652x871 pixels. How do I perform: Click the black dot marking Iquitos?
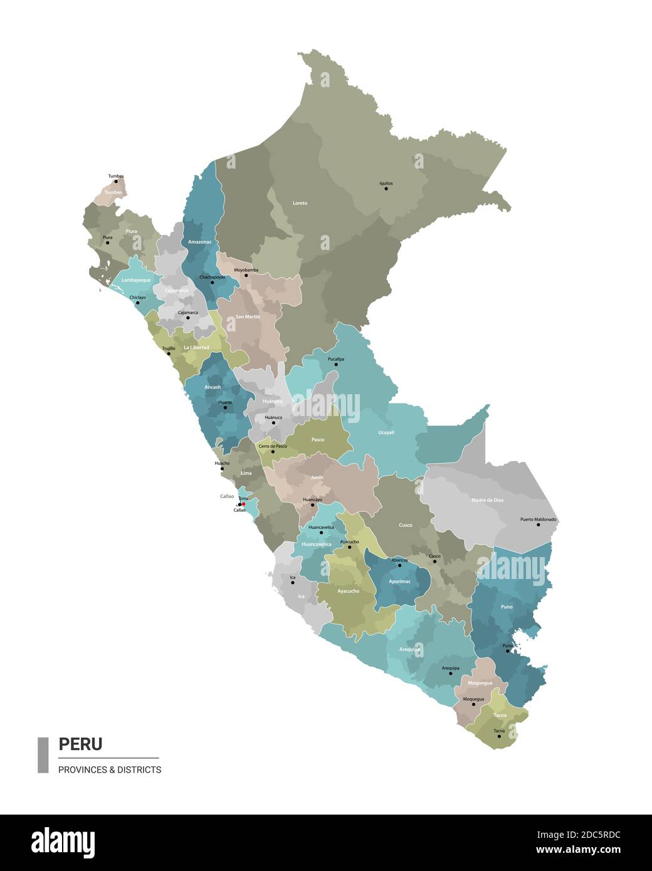(386, 189)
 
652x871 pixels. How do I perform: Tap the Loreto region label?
(300, 203)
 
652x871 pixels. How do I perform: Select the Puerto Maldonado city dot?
(538, 524)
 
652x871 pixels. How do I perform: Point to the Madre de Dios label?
(487, 500)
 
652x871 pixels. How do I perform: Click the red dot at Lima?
(244, 503)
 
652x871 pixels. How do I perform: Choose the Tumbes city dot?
(116, 181)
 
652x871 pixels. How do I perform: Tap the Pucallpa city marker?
(336, 364)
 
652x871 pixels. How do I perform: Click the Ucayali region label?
(386, 432)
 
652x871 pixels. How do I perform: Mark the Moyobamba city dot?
(246, 275)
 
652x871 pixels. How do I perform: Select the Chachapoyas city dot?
(212, 282)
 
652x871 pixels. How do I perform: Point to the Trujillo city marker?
(169, 353)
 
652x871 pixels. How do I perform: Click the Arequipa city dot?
(450, 673)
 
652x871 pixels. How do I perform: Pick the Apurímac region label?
(400, 582)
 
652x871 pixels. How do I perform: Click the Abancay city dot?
(399, 565)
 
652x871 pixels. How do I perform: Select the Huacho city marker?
(222, 468)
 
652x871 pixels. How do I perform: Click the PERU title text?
(80, 744)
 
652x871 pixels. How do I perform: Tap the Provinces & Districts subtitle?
(110, 769)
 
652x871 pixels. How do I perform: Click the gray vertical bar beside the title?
(43, 754)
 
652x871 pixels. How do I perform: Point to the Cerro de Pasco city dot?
(272, 451)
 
